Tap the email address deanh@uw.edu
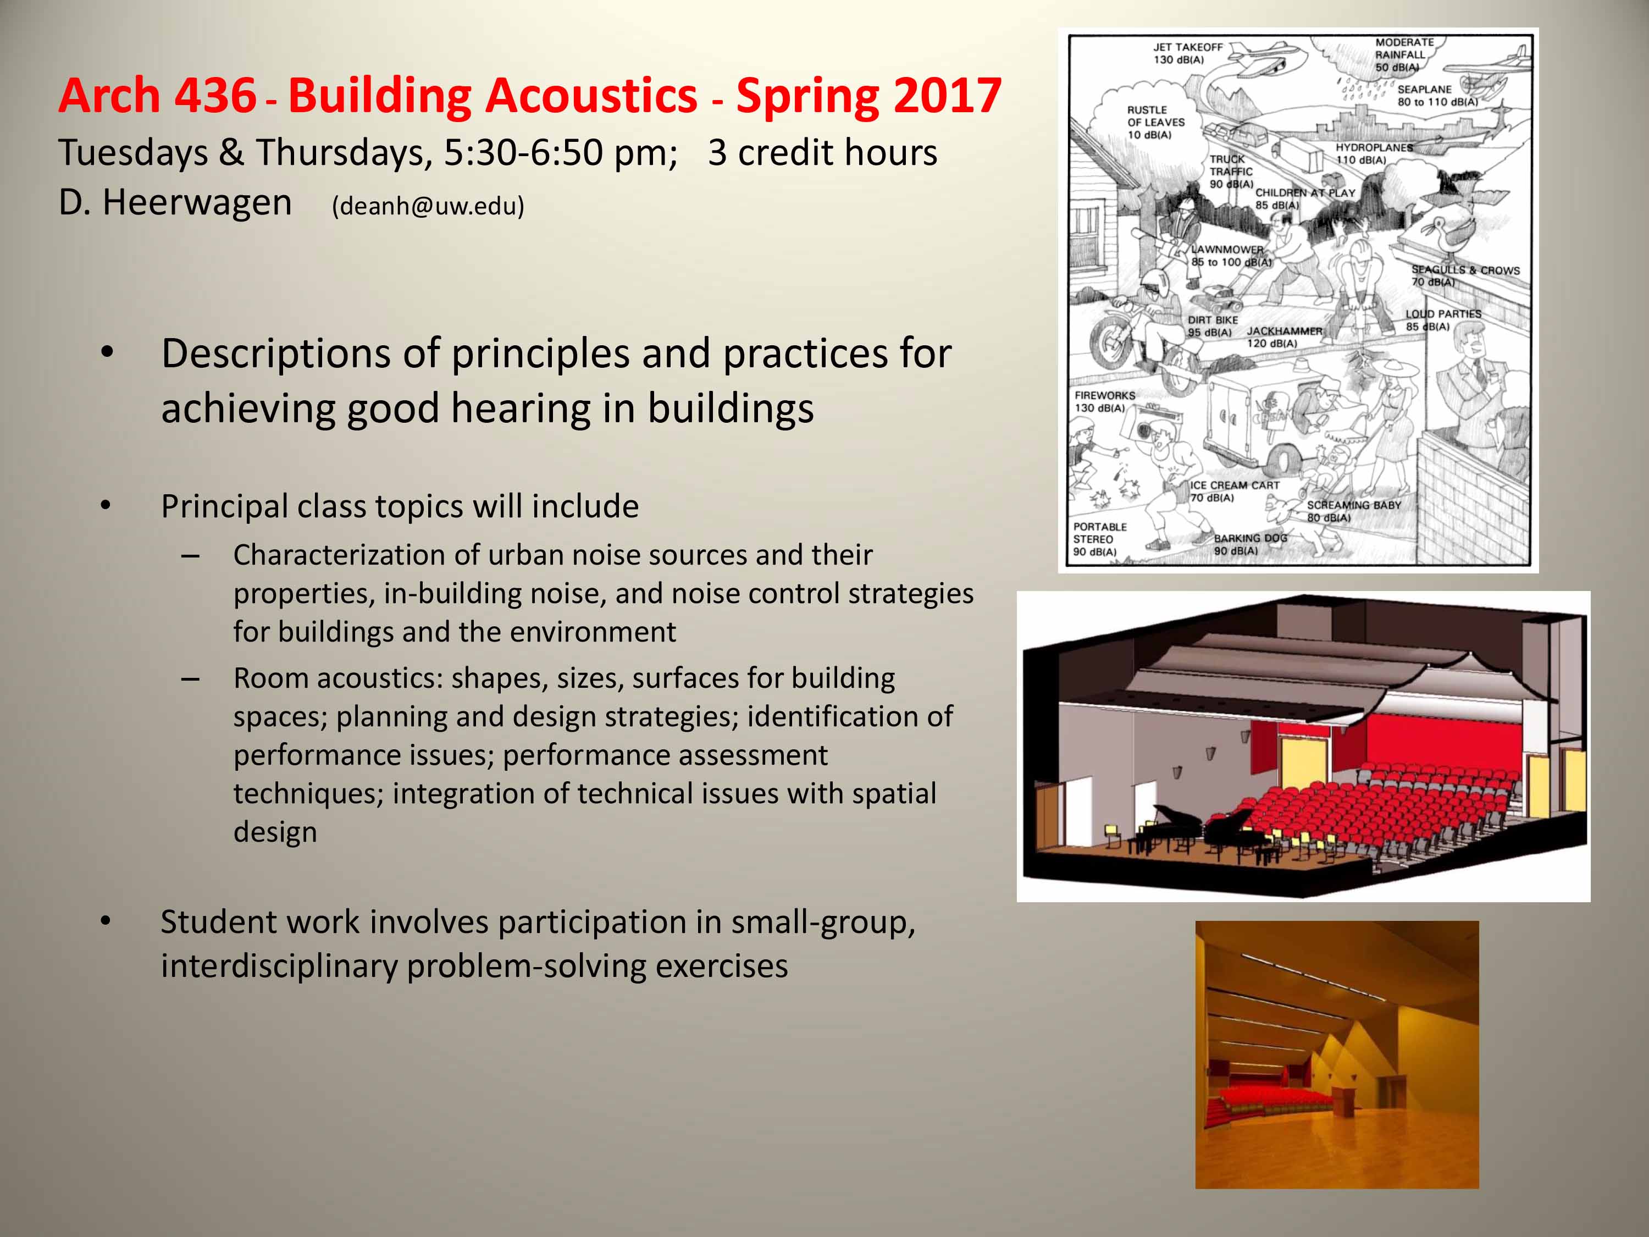[x=428, y=206]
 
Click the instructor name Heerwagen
[x=197, y=203]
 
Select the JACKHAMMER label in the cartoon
[x=1285, y=337]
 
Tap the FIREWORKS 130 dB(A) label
[x=1105, y=402]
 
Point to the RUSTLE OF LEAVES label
[x=1155, y=122]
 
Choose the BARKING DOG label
[x=1250, y=544]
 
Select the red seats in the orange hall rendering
[x=1259, y=1099]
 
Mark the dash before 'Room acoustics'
[x=190, y=680]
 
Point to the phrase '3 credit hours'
[x=822, y=152]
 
